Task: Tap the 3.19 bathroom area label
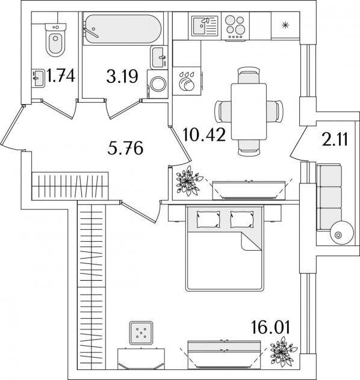click(122, 76)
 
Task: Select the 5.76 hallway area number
click(125, 149)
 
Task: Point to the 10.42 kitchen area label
click(204, 135)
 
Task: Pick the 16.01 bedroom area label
click(270, 327)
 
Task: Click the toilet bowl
click(55, 40)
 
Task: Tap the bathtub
click(122, 29)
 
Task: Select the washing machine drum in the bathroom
click(158, 84)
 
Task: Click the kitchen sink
click(205, 26)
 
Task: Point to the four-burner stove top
click(235, 26)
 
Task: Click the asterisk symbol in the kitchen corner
click(285, 25)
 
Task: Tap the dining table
click(249, 111)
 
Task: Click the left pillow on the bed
click(209, 219)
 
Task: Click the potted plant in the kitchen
click(189, 180)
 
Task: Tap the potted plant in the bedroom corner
click(282, 352)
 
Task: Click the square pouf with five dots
click(141, 332)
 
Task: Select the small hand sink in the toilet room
click(38, 78)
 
